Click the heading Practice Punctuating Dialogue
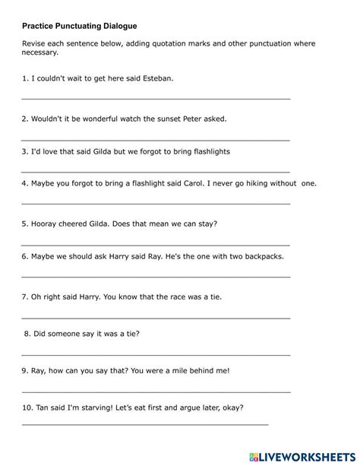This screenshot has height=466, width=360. (x=79, y=25)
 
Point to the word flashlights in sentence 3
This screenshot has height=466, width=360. (x=207, y=151)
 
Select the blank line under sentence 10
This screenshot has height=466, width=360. (x=144, y=423)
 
